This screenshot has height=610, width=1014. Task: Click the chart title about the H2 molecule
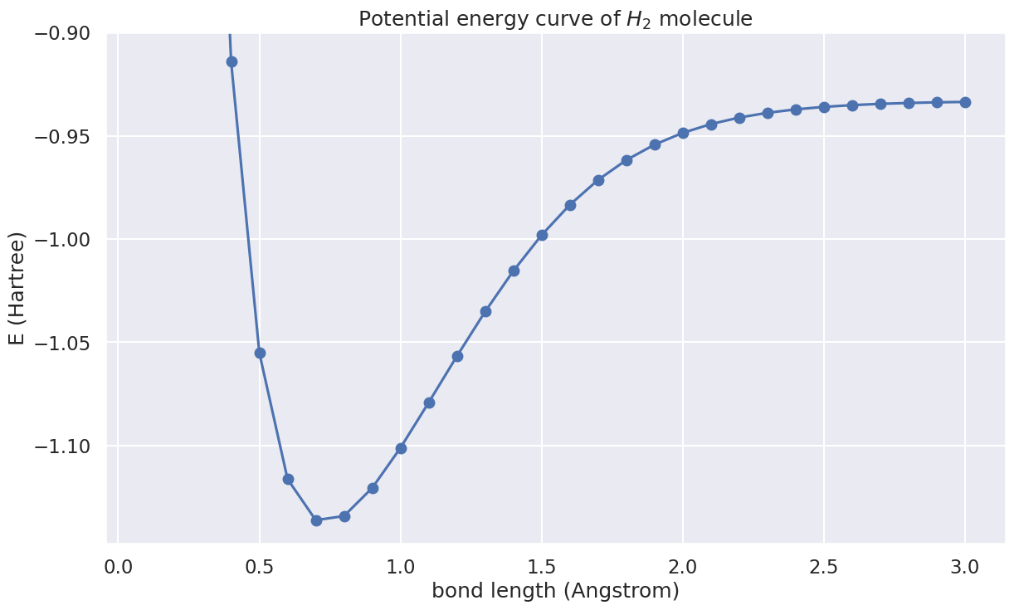coord(555,18)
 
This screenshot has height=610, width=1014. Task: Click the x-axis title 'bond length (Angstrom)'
coord(555,591)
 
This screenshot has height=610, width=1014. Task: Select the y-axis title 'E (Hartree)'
coord(18,289)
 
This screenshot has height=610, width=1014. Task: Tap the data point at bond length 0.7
coord(316,520)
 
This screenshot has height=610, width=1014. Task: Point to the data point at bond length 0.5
coord(260,353)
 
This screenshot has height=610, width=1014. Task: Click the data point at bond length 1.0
coord(401,448)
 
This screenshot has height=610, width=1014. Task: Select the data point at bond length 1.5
coord(542,235)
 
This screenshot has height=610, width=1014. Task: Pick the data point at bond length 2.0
coord(683,133)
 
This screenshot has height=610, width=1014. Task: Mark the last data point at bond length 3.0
coord(965,102)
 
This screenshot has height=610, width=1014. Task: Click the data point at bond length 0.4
coord(232,61)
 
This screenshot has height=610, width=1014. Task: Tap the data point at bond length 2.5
coord(824,107)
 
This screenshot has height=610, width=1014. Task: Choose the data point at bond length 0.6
coord(288,479)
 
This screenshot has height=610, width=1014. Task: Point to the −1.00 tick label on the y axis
coord(66,240)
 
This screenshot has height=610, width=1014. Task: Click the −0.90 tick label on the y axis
coord(66,34)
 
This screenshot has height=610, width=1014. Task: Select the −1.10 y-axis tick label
coord(66,447)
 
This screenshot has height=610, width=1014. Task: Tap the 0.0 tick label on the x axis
coord(119,567)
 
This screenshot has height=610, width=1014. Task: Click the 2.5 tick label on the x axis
coord(824,567)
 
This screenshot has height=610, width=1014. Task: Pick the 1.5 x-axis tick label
coord(542,567)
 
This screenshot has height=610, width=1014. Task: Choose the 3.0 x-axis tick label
coord(965,567)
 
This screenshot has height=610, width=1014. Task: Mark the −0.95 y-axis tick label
coord(66,137)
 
